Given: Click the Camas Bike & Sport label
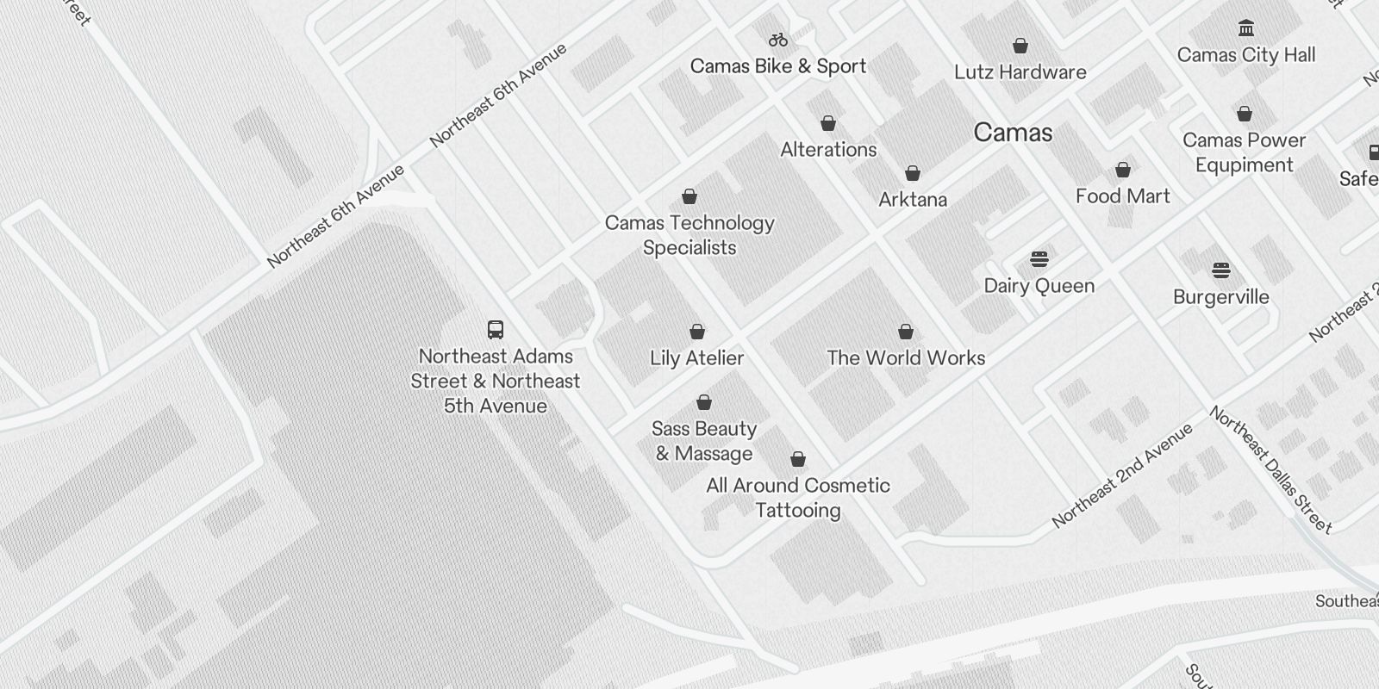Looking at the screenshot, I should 777,66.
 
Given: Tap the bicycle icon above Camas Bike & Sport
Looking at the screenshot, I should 778,40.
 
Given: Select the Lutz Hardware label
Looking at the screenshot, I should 1020,72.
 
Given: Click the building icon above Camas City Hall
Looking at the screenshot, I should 1245,28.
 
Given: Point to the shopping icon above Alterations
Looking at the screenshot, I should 828,123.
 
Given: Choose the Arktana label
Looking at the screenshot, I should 913,200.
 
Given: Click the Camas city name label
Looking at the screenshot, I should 1013,133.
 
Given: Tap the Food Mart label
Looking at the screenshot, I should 1122,196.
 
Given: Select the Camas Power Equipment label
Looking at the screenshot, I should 1244,152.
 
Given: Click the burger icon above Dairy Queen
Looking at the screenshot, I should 1039,259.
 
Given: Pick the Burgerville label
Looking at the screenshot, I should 1220,297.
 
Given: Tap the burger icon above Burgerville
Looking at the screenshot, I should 1221,270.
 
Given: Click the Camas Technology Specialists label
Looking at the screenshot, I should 689,235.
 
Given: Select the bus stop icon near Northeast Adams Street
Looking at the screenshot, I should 496,329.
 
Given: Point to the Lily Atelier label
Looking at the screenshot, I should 696,358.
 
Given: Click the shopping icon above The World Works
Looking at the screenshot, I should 906,332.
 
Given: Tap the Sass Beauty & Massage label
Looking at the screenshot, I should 704,441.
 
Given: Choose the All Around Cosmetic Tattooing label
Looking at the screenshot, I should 798,498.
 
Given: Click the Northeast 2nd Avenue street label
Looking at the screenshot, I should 1122,475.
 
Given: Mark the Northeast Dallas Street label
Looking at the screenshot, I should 1270,469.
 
